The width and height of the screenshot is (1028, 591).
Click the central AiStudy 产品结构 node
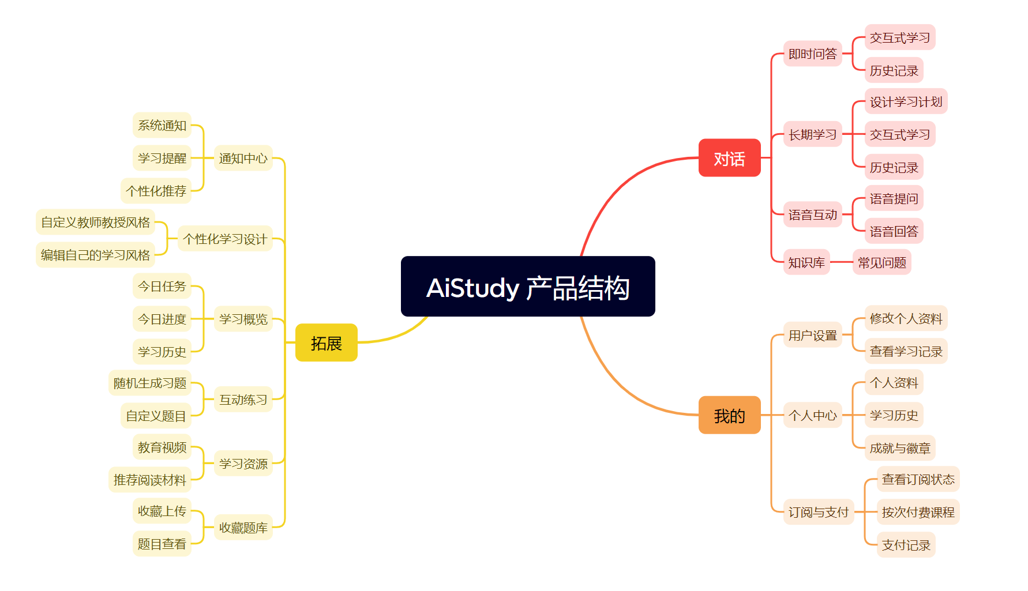click(528, 287)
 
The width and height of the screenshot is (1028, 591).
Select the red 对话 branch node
click(729, 158)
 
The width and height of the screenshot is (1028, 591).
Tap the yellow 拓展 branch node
click(327, 342)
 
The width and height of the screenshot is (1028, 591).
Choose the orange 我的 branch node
click(729, 415)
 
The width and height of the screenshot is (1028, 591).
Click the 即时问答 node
click(812, 54)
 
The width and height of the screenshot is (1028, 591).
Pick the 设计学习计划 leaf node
click(906, 101)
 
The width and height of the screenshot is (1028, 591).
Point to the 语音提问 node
click(894, 198)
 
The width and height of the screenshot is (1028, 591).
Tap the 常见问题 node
click(881, 262)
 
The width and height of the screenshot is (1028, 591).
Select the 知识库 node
click(806, 262)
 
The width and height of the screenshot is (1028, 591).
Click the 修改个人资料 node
click(906, 318)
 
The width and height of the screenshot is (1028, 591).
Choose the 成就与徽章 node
click(900, 448)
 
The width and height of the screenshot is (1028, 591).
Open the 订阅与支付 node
click(819, 512)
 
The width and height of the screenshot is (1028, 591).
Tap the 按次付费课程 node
click(918, 512)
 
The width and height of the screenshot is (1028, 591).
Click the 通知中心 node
click(243, 158)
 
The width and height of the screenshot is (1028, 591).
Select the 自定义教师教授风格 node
click(95, 222)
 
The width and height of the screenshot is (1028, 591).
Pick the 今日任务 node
click(162, 286)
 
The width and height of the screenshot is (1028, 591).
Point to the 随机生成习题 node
click(150, 383)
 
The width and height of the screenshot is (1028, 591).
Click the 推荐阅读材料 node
click(150, 480)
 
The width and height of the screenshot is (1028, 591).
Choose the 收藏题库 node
click(243, 528)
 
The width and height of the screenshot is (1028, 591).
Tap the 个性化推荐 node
click(156, 191)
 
